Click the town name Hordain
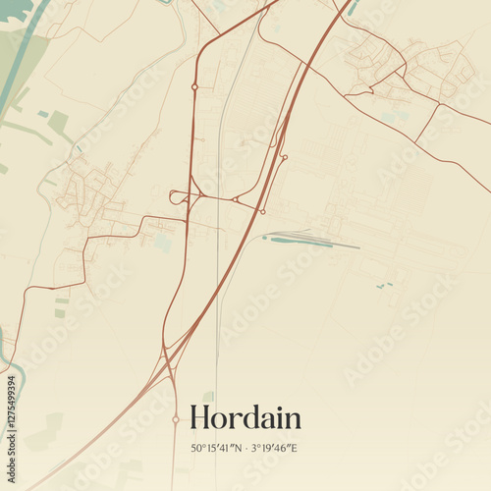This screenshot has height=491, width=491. click(245, 417)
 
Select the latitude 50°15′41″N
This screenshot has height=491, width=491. click(217, 449)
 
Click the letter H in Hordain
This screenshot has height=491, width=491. click(200, 417)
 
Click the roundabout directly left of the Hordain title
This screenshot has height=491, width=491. click(176, 419)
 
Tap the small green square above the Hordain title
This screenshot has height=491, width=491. click(208, 396)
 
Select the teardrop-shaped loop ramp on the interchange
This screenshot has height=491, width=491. click(178, 197)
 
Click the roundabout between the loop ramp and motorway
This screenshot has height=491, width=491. click(235, 199)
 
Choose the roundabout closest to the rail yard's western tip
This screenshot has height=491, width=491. click(262, 211)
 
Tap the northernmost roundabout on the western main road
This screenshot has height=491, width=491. click(194, 86)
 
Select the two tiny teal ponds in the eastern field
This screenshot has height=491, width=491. click(384, 286)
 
